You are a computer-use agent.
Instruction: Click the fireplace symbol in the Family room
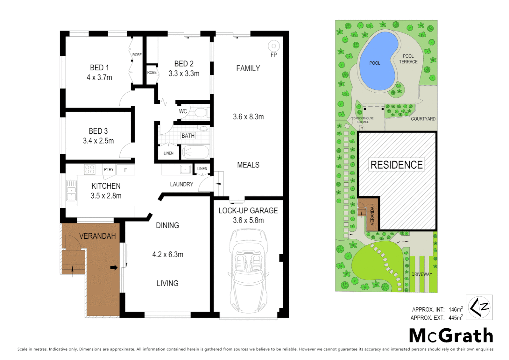(x=273, y=46)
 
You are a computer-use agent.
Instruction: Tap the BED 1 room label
(x=99, y=68)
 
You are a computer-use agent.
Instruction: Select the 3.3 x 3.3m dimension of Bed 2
(x=184, y=74)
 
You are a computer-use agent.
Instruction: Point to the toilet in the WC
(x=201, y=112)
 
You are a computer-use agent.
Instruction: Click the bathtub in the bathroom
(x=195, y=153)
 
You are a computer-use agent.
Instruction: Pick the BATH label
(x=188, y=136)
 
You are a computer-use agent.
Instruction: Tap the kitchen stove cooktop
(x=90, y=169)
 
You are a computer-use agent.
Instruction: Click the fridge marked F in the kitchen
(x=126, y=170)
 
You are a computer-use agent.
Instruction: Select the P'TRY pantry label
(x=109, y=169)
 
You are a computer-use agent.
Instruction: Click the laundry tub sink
(x=185, y=169)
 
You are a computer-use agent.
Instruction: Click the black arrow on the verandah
(x=114, y=267)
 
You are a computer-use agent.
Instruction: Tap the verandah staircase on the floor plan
(x=73, y=262)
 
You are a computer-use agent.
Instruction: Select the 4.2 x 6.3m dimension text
(x=168, y=255)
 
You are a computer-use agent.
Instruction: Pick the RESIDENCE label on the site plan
(x=396, y=165)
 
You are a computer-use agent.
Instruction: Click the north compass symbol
(x=479, y=307)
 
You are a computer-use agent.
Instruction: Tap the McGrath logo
(x=451, y=335)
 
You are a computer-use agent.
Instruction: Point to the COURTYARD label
(x=423, y=119)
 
